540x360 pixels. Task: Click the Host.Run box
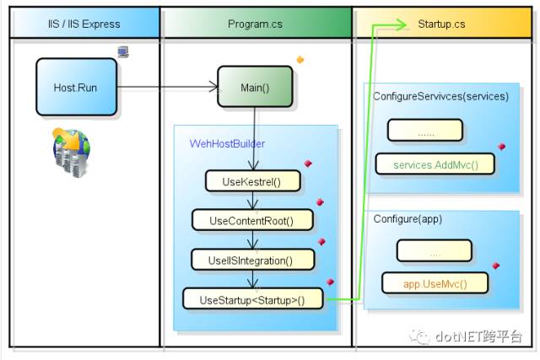(x=77, y=87)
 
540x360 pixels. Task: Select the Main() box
(x=255, y=87)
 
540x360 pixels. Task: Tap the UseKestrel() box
(x=253, y=181)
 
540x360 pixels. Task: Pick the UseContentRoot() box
(x=252, y=220)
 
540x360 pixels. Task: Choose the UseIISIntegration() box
(x=253, y=260)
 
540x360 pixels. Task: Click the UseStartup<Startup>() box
(x=253, y=298)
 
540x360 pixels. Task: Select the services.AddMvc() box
(x=435, y=164)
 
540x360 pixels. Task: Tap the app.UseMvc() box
(x=435, y=283)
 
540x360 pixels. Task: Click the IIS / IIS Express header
(x=84, y=24)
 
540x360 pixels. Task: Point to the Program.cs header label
(x=255, y=24)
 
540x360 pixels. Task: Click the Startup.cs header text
(x=441, y=24)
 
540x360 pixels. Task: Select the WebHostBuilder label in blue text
(x=227, y=143)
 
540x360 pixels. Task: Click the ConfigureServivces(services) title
(x=440, y=96)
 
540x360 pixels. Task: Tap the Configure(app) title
(x=408, y=219)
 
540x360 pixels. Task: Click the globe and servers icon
(x=71, y=152)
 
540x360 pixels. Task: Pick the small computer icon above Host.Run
(x=123, y=51)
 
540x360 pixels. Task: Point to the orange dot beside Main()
(x=300, y=60)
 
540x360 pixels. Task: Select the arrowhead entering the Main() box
(x=214, y=87)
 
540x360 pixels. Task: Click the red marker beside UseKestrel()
(x=308, y=164)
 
